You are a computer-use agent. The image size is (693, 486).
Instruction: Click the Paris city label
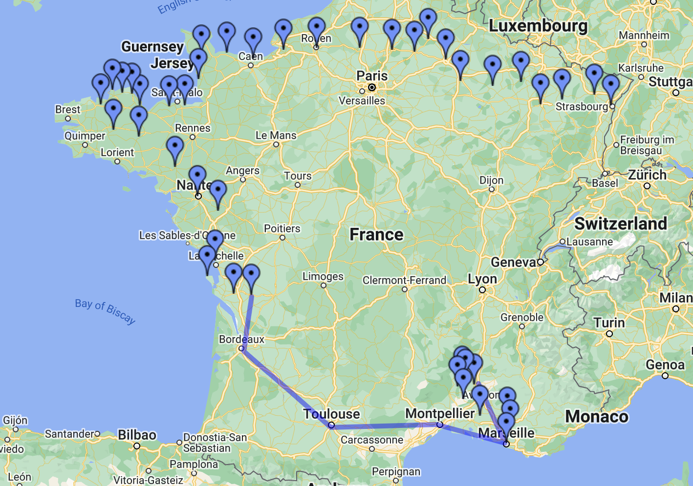372,76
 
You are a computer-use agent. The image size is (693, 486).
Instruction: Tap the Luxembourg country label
538,26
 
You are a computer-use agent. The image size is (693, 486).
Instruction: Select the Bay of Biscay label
105,311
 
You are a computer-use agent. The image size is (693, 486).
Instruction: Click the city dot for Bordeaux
241,348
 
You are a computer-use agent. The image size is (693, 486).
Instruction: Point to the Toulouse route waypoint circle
331,425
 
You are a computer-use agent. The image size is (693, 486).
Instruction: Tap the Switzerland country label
620,223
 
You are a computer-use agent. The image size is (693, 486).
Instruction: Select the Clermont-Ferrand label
404,280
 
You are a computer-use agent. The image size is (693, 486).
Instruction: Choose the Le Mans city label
276,135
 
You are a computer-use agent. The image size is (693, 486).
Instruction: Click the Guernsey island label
152,47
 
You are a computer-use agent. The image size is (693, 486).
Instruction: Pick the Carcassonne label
372,440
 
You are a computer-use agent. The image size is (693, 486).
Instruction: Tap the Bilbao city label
137,435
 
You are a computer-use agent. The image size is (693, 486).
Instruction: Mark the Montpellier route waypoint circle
440,425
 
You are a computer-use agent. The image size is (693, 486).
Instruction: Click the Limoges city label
323,277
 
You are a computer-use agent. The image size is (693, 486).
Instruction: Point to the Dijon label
491,180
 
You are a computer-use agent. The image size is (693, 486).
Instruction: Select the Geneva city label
513,262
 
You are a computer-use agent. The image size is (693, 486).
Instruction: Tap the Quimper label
85,136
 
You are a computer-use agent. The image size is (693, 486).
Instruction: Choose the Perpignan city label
396,471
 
